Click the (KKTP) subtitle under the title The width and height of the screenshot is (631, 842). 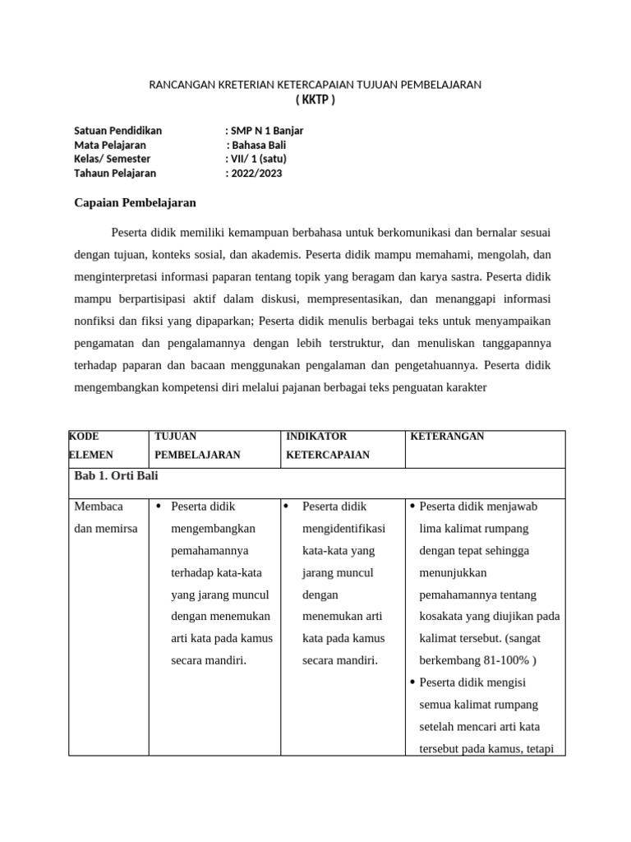[x=315, y=100]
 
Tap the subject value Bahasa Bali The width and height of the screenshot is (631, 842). [x=259, y=145]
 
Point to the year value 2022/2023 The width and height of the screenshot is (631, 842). [x=256, y=173]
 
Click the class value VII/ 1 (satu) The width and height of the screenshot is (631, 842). [x=258, y=159]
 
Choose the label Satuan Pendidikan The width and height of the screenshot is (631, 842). [x=117, y=131]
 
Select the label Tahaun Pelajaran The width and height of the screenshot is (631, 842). [x=115, y=173]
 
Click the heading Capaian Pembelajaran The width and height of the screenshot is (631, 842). [x=135, y=202]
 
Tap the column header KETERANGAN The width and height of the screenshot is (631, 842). [x=447, y=437]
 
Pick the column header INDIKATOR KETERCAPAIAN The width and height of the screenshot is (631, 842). [x=327, y=445]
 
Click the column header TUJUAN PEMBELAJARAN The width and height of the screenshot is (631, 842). [x=197, y=445]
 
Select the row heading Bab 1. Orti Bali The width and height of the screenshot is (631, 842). [x=116, y=476]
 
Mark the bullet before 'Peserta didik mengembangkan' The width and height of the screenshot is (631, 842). [x=158, y=507]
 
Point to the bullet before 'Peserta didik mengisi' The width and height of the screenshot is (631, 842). [x=412, y=682]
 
